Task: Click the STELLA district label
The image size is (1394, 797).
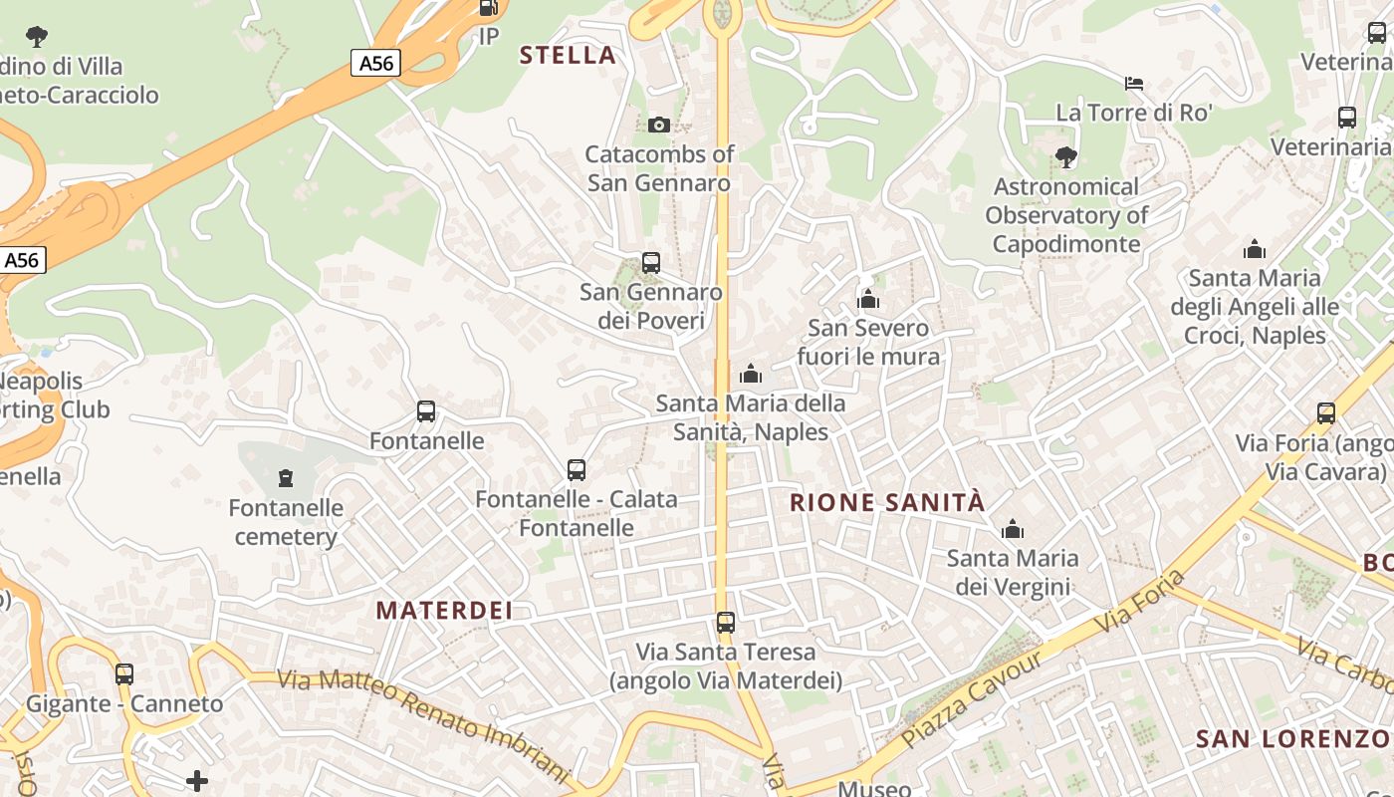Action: point(568,56)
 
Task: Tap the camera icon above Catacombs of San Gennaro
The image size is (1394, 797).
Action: point(658,125)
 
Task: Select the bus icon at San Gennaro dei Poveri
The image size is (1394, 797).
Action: point(650,263)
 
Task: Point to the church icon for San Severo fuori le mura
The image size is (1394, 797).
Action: point(868,299)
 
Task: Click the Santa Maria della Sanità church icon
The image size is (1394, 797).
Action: point(751,374)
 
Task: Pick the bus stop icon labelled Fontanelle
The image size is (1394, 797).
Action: point(426,410)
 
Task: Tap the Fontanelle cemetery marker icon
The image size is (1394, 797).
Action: point(286,478)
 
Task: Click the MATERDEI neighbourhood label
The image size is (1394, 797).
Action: point(444,610)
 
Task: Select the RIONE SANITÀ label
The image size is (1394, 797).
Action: point(886,502)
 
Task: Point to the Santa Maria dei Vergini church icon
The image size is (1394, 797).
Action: point(1013,528)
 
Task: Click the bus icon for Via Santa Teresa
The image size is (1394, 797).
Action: point(726,623)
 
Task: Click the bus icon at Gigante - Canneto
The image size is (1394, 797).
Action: point(124,673)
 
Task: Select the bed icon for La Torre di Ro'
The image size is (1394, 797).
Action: point(1134,83)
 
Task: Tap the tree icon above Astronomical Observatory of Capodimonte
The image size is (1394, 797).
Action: point(1065,156)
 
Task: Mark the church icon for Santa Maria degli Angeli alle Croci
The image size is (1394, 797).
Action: point(1255,248)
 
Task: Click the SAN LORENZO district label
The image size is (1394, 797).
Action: point(1292,738)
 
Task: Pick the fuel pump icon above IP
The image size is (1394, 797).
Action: point(488,8)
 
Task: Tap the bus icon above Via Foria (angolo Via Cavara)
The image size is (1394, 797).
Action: point(1325,413)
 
